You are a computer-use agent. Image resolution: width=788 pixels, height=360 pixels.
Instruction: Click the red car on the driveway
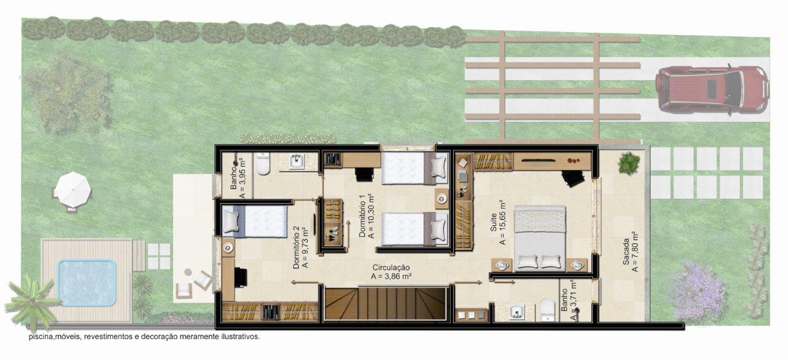pos(712,89)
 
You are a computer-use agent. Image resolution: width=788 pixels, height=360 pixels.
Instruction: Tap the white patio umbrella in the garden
pos(73,190)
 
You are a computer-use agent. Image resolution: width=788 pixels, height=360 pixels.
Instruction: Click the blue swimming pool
pos(87,282)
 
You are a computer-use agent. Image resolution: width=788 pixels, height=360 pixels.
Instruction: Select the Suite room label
pos(494,223)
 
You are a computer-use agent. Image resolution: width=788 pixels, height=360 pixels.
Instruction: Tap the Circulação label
pos(391,268)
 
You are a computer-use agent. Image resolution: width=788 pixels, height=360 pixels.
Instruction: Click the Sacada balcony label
pos(626,252)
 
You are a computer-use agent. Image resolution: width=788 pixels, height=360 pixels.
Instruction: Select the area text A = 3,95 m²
pos(242,178)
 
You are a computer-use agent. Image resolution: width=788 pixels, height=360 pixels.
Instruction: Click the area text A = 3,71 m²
pos(573,300)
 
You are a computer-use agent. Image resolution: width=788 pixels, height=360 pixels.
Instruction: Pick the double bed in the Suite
pos(540,239)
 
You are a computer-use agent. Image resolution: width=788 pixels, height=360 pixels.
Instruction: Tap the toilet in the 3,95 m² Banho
pos(262,163)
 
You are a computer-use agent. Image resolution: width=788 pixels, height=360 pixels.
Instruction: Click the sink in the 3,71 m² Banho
pos(517,312)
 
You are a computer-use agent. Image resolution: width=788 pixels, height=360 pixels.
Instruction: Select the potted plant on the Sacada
pos(629,163)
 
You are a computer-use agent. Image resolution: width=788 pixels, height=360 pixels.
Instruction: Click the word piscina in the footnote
pos(41,337)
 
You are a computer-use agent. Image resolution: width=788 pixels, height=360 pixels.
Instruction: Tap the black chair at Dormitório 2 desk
pos(241,278)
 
